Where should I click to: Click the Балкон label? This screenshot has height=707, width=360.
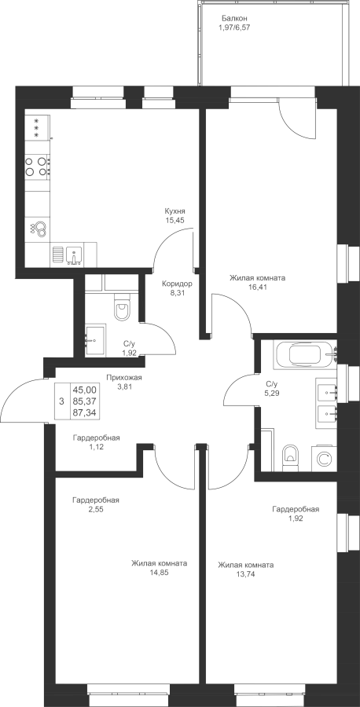click(x=234, y=19)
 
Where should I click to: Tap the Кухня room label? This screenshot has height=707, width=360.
click(x=175, y=211)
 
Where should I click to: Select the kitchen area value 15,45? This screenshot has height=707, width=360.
click(x=175, y=220)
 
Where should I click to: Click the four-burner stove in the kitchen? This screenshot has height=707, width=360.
click(x=37, y=166)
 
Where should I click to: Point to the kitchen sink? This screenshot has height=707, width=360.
click(x=73, y=255)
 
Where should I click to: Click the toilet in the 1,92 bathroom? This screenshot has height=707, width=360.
click(x=122, y=306)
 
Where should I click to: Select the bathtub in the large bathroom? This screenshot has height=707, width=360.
click(x=306, y=355)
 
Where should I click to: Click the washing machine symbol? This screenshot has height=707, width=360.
click(x=324, y=459)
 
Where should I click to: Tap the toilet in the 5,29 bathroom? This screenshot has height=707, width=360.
click(x=290, y=457)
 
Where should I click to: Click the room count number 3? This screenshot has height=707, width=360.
click(x=62, y=401)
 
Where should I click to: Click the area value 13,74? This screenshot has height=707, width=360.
click(x=245, y=573)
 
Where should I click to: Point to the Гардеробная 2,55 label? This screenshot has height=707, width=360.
click(x=96, y=504)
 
